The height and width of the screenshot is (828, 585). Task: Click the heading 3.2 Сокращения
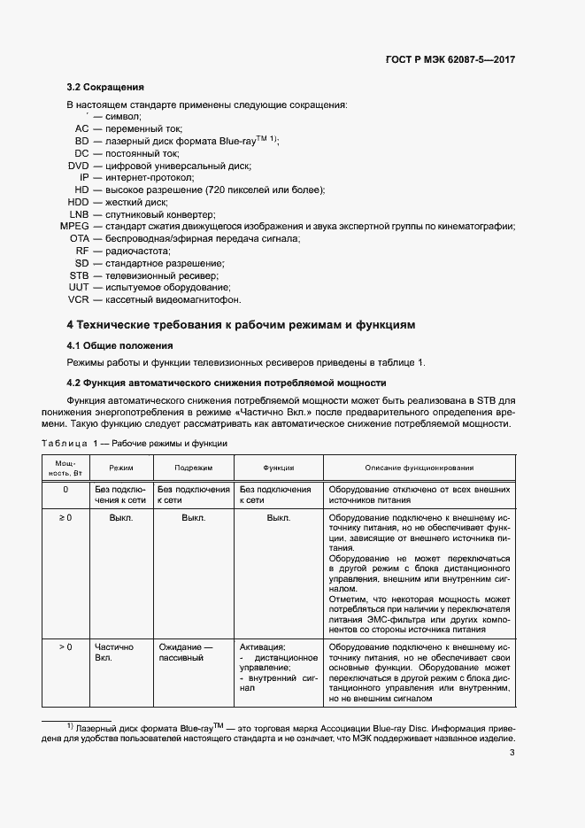[105, 88]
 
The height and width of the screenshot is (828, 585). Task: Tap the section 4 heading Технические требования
[241, 325]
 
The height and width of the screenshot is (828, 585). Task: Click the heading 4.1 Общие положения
[119, 345]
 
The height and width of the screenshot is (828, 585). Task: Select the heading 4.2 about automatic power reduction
[227, 383]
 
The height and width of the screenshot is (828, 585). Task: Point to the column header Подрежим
[193, 467]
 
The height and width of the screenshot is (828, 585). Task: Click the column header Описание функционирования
[420, 467]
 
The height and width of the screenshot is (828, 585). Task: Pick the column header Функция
[278, 467]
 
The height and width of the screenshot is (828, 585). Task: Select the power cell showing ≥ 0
[65, 517]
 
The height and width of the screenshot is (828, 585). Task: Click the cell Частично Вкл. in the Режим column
[111, 653]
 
